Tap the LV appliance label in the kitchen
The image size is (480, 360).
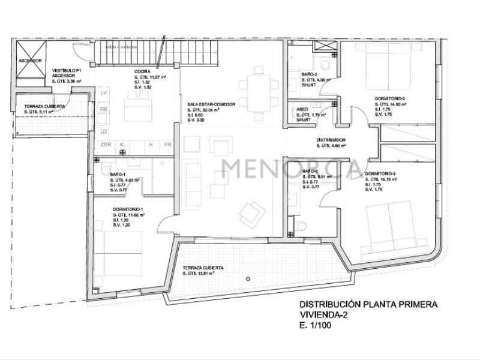[x=103, y=93]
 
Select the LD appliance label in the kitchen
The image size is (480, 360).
[x=103, y=131]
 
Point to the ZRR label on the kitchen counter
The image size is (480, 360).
[x=106, y=145]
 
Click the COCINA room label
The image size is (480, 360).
[x=142, y=72]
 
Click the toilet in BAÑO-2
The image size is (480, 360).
[x=324, y=64]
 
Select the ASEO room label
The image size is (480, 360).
[x=302, y=109]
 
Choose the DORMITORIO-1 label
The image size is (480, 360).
[x=128, y=209]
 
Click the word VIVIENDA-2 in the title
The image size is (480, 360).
[x=324, y=314]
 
